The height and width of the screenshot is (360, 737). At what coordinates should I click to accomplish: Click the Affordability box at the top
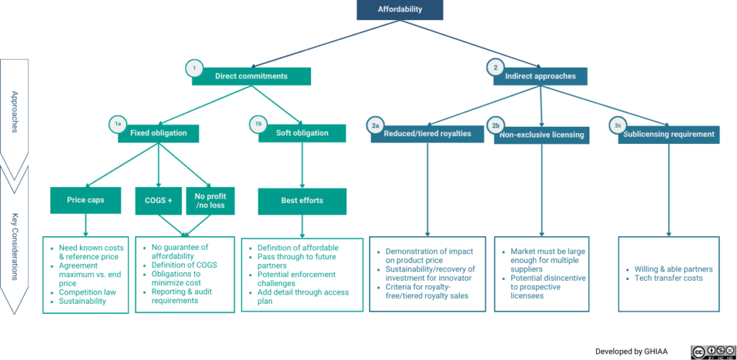pyautogui.click(x=399, y=10)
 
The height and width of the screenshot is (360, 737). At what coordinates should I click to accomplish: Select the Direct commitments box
pyautogui.click(x=251, y=76)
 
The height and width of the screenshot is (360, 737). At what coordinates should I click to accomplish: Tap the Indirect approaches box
pyautogui.click(x=541, y=76)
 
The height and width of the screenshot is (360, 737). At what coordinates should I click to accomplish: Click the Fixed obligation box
pyautogui.click(x=158, y=133)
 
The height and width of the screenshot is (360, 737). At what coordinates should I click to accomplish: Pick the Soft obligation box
pyautogui.click(x=302, y=133)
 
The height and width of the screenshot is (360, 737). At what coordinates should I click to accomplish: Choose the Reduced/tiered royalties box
pyautogui.click(x=428, y=133)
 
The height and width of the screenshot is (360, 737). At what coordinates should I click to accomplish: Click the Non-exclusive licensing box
pyautogui.click(x=542, y=135)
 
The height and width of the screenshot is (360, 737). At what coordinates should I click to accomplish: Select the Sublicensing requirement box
pyautogui.click(x=669, y=135)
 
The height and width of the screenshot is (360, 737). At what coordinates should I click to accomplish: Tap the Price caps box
pyautogui.click(x=86, y=201)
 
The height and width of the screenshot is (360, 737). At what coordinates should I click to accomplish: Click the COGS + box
pyautogui.click(x=159, y=201)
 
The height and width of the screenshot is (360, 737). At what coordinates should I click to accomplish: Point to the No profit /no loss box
pyautogui.click(x=211, y=201)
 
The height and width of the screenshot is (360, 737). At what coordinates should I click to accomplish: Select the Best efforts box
pyautogui.click(x=302, y=201)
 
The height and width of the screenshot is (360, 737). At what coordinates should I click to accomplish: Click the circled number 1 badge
pyautogui.click(x=194, y=68)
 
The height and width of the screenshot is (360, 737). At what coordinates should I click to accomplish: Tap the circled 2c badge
pyautogui.click(x=618, y=125)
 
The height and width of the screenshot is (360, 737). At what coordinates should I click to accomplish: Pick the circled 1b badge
pyautogui.click(x=258, y=124)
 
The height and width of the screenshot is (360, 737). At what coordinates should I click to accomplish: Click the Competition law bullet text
pyautogui.click(x=87, y=292)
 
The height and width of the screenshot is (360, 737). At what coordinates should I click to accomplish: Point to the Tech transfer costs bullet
pyautogui.click(x=669, y=278)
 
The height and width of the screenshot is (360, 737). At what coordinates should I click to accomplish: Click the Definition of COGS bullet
pyautogui.click(x=184, y=265)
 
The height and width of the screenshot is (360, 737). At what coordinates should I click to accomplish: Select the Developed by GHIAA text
pyautogui.click(x=631, y=351)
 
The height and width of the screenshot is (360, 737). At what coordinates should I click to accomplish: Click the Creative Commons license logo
pyautogui.click(x=713, y=351)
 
